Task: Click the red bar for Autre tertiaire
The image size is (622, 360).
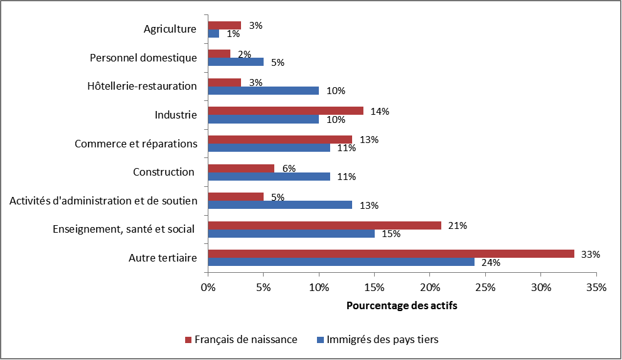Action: [390, 253]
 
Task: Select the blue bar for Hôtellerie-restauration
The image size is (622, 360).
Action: [263, 90]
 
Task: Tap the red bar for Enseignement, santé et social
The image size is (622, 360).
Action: [324, 225]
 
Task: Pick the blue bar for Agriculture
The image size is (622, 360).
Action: [213, 33]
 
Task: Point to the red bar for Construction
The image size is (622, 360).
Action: [241, 168]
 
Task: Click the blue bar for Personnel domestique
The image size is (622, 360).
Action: [235, 61]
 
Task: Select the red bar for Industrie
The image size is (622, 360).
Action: [285, 111]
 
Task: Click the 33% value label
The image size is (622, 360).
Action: [591, 255]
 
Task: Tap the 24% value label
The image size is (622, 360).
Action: [490, 263]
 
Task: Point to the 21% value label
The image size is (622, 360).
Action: [458, 226]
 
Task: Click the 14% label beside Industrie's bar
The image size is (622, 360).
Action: [380, 112]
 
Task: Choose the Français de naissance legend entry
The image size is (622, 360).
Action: [241, 339]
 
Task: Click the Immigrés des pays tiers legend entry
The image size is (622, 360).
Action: [377, 339]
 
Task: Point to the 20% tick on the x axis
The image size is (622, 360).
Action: [430, 288]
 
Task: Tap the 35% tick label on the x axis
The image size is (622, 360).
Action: [596, 288]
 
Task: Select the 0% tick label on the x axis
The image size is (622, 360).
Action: [208, 288]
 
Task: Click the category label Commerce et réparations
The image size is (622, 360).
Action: [136, 144]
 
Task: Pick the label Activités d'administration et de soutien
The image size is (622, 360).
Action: [104, 201]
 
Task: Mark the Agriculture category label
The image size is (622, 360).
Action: [170, 29]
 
